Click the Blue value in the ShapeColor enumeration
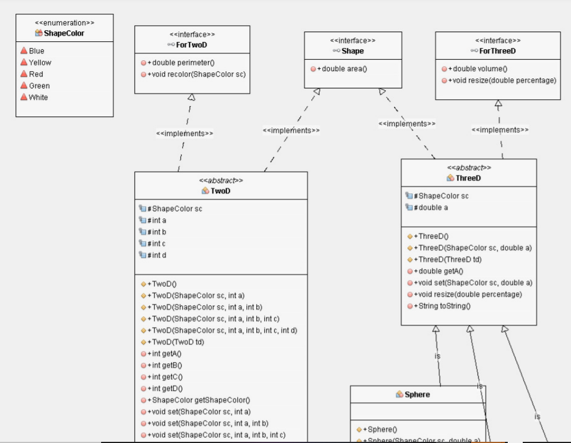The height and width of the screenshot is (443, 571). [36, 51]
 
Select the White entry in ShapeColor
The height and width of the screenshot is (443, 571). [38, 98]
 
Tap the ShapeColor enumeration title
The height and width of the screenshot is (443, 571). [64, 33]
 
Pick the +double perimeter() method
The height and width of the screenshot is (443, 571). [182, 62]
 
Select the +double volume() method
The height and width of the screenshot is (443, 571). [476, 69]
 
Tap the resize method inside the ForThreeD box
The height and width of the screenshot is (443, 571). [502, 80]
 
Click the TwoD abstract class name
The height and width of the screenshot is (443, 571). [220, 191]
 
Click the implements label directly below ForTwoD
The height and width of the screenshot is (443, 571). [184, 134]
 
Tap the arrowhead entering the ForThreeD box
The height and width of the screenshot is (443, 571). [498, 104]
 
